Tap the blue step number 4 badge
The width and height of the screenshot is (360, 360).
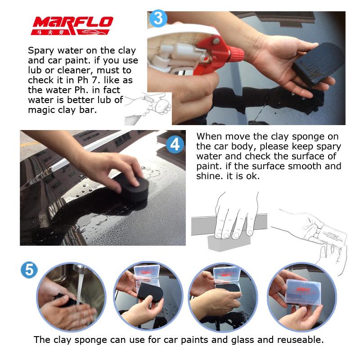pyautogui.click(x=175, y=145)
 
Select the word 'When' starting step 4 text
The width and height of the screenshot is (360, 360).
pyautogui.click(x=210, y=136)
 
